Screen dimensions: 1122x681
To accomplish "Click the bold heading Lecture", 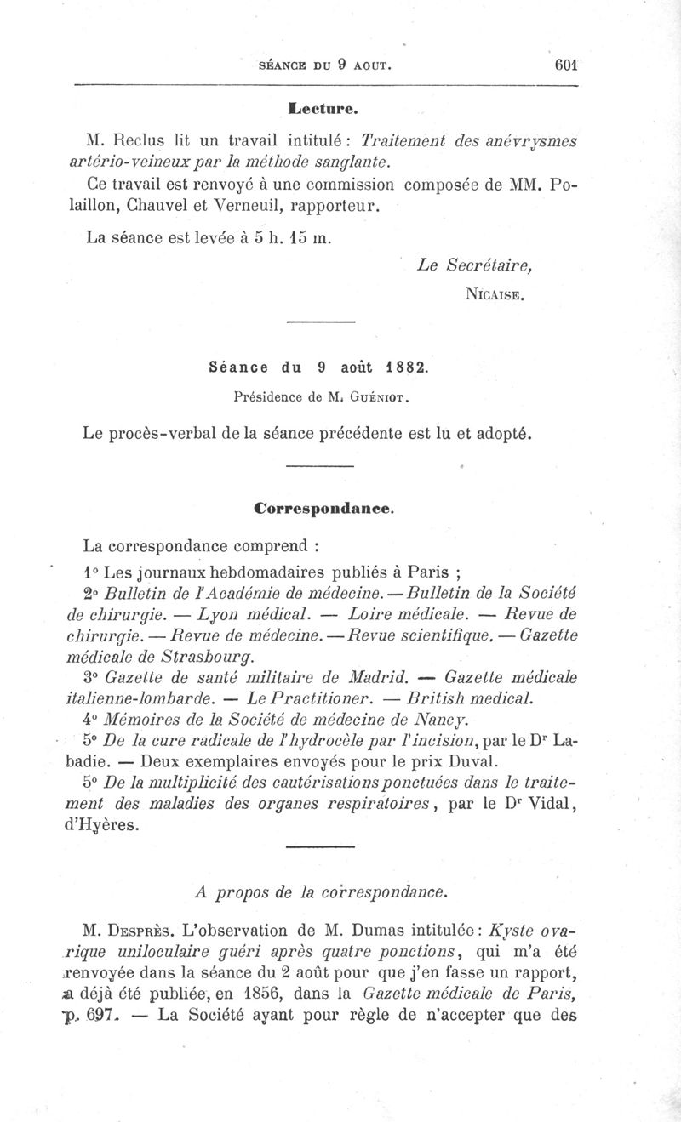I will point(322,108).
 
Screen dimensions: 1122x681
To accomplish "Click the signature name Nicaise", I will point(495,295).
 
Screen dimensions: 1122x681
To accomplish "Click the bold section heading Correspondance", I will point(323,508).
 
